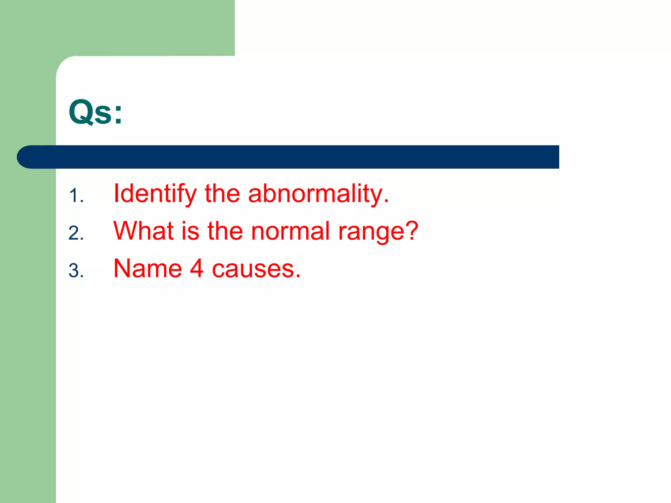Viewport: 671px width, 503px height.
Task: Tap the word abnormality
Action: [x=318, y=194]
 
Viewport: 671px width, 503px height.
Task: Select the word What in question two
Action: [x=144, y=231]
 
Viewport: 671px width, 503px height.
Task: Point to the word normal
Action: [x=290, y=231]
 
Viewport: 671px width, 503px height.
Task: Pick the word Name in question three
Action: [x=147, y=269]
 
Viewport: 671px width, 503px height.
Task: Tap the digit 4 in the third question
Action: [x=197, y=269]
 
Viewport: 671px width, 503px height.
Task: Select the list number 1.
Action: [x=75, y=196]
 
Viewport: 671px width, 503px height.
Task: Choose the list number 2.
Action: [x=75, y=233]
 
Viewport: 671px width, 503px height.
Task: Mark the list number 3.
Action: [x=75, y=271]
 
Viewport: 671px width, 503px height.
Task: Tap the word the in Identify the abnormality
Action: [x=222, y=194]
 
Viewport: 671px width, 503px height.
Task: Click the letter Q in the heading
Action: [x=81, y=112]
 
